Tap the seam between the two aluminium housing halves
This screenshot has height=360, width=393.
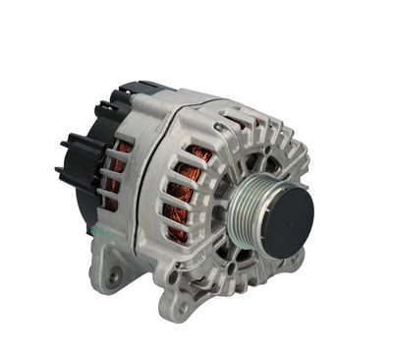[x=157, y=187]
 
